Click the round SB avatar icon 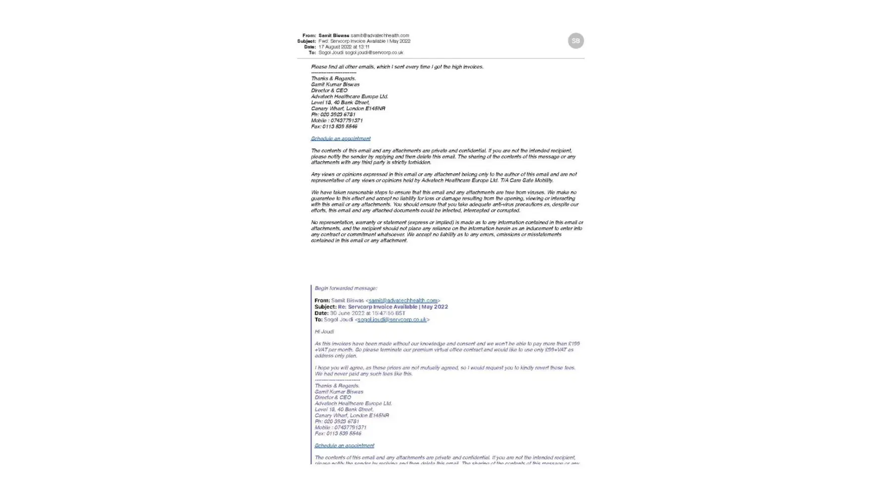tap(575, 41)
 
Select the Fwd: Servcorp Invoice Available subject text tap(364, 41)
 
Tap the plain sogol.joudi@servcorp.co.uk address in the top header tap(374, 53)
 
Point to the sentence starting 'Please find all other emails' tap(397, 66)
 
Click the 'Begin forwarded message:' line tap(346, 288)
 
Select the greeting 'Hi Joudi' tap(324, 332)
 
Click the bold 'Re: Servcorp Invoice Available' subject tap(392, 307)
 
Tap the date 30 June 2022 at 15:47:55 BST tap(367, 313)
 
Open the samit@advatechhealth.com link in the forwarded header tap(403, 301)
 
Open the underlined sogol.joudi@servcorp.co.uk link tap(391, 320)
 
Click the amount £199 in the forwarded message tap(573, 344)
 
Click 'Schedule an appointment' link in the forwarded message tap(344, 446)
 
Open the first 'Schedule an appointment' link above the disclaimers tap(340, 139)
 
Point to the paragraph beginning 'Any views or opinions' tap(443, 178)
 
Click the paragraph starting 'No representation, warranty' tap(446, 232)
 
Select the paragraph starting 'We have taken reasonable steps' tap(444, 201)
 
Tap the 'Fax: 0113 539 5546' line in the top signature tap(334, 126)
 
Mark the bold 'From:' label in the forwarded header tap(322, 301)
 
